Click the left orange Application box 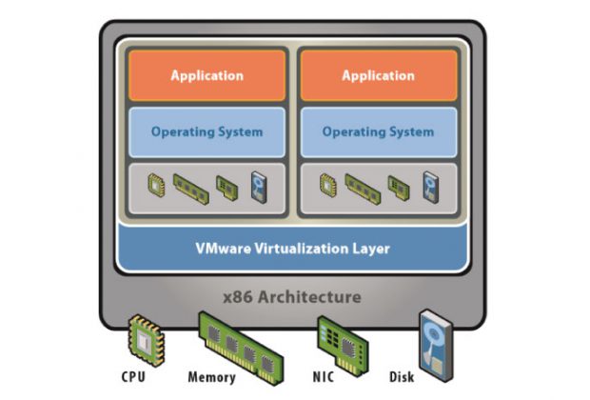pos(206,75)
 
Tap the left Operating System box pos(206,131)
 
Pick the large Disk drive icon pos(435,337)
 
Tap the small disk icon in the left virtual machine pos(259,186)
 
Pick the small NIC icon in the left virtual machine pos(226,185)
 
